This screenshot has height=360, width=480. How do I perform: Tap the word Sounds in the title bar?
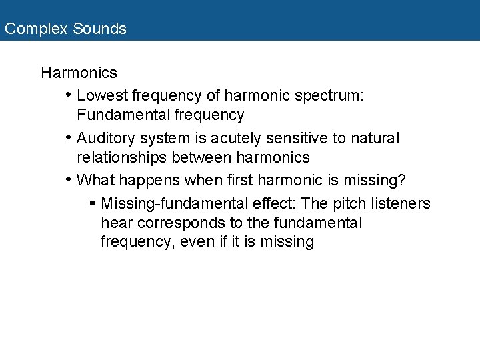(99, 29)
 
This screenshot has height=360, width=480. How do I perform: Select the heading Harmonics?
(79, 73)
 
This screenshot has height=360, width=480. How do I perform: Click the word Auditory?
(105, 139)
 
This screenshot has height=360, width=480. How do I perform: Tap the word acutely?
(238, 139)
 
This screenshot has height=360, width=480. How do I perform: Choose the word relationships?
(122, 158)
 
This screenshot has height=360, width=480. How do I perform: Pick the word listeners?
(401, 204)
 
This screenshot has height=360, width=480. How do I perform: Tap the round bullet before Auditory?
(68, 139)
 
